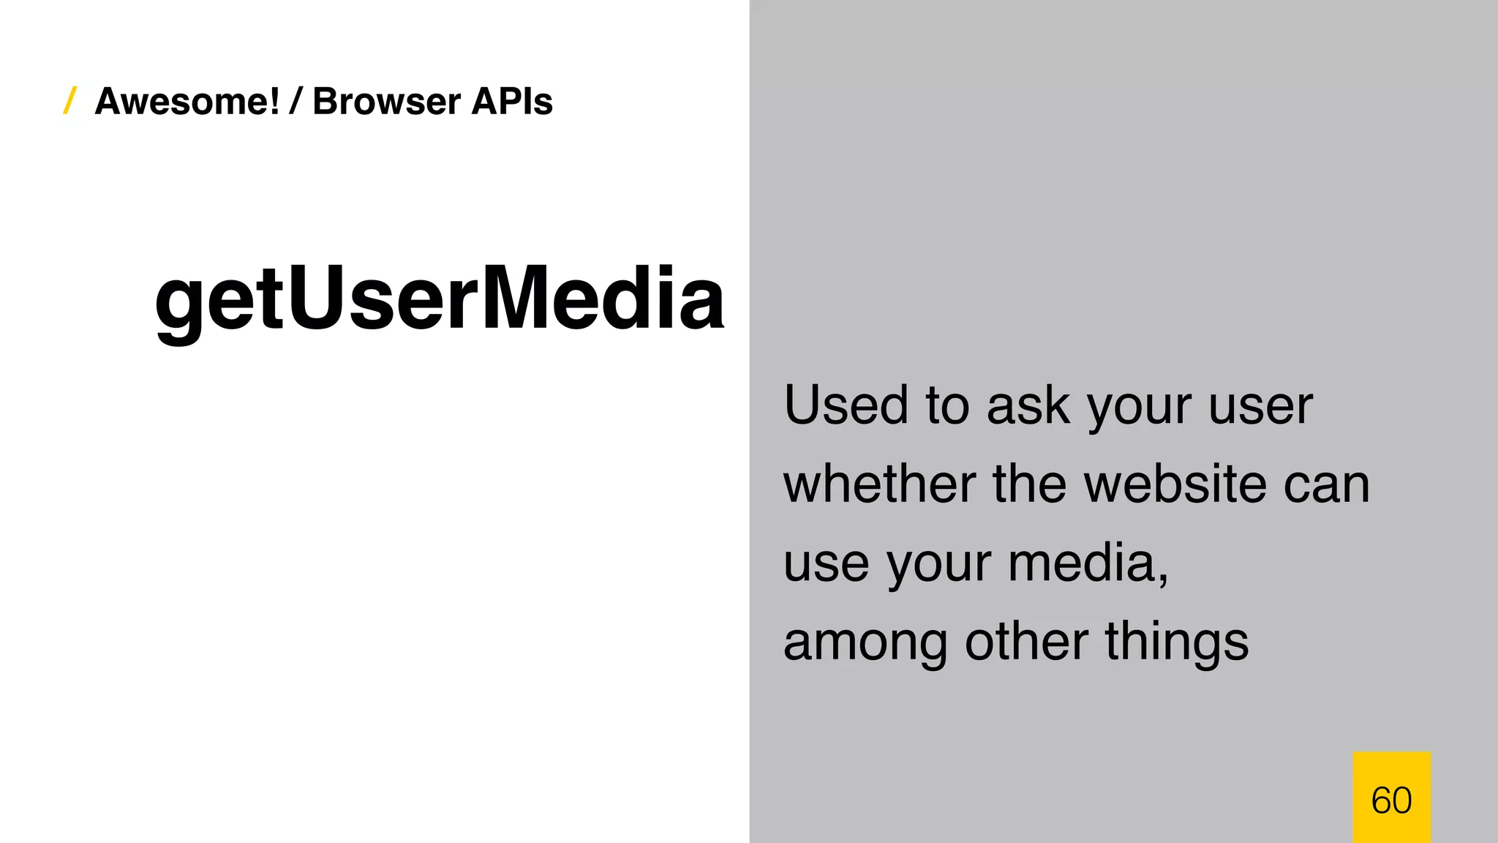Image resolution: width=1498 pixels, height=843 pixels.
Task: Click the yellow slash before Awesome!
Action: [x=70, y=100]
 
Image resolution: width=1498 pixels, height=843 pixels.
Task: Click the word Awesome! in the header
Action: [x=187, y=101]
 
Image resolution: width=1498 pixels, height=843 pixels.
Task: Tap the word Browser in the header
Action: [x=386, y=101]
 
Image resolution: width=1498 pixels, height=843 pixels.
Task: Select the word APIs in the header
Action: [x=512, y=101]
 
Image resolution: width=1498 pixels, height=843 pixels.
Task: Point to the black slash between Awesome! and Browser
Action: [x=296, y=101]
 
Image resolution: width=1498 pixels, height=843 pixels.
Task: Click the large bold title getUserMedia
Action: [x=439, y=299]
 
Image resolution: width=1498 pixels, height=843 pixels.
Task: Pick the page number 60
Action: [x=1391, y=800]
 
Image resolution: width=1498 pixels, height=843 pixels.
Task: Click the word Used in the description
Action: [x=846, y=405]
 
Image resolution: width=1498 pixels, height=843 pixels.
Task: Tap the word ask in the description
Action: [x=1027, y=405]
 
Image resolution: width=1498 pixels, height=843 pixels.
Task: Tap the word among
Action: [x=865, y=642]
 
